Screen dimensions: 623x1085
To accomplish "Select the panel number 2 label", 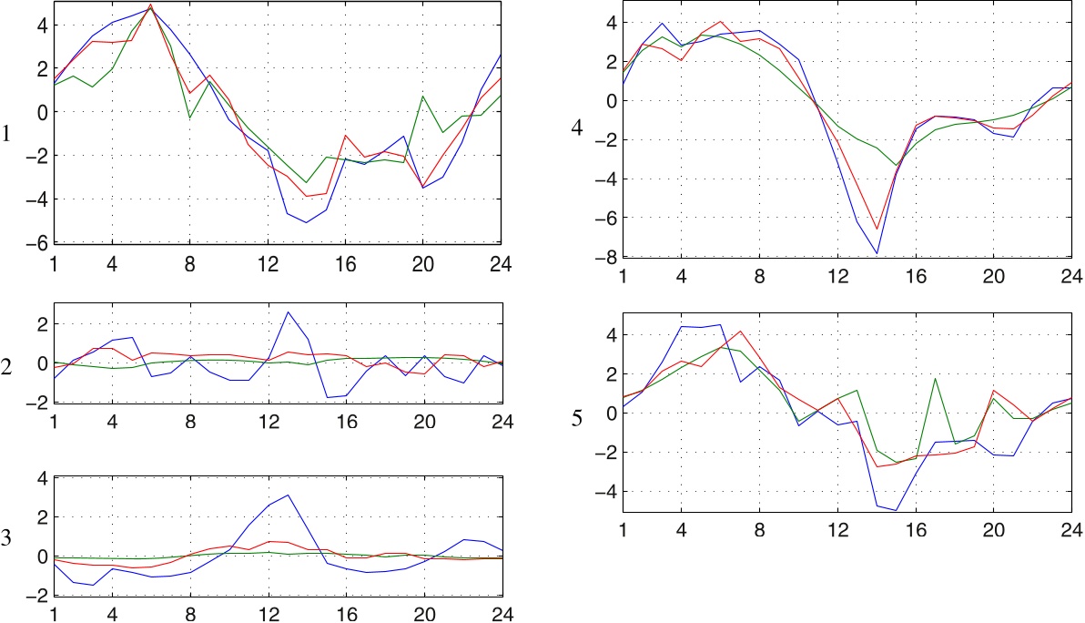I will click(7, 368).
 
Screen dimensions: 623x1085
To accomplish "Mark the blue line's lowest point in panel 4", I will click(877, 253).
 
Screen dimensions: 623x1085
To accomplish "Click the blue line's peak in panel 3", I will click(288, 495).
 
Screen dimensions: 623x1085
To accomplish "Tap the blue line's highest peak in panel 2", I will click(288, 312).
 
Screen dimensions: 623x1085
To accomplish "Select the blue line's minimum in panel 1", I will click(307, 222).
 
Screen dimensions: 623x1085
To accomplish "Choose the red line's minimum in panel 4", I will click(877, 230).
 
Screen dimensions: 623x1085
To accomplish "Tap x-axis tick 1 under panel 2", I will click(53, 422).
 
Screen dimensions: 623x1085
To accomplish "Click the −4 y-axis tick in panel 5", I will click(604, 492).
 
